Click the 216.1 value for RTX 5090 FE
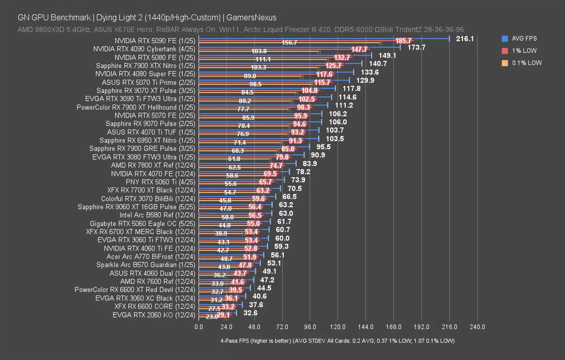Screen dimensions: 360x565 465,39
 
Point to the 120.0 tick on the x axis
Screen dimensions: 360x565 337,327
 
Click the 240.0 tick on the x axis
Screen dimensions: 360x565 477,327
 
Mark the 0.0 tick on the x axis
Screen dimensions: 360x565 199,327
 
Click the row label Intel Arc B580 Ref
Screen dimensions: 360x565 157,215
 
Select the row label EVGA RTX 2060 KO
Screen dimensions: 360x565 154,315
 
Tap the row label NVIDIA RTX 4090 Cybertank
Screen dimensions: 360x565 144,49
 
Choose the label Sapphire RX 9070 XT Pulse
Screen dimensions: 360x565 146,90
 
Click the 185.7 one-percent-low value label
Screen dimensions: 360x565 403,41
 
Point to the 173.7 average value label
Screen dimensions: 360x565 416,47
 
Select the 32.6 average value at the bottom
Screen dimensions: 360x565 250,313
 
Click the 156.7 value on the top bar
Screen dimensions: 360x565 289,42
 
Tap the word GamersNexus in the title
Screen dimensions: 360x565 251,18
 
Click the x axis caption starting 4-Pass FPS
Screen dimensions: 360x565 337,341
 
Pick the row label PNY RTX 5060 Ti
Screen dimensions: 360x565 160,182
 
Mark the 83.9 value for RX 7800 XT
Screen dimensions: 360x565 309,163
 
